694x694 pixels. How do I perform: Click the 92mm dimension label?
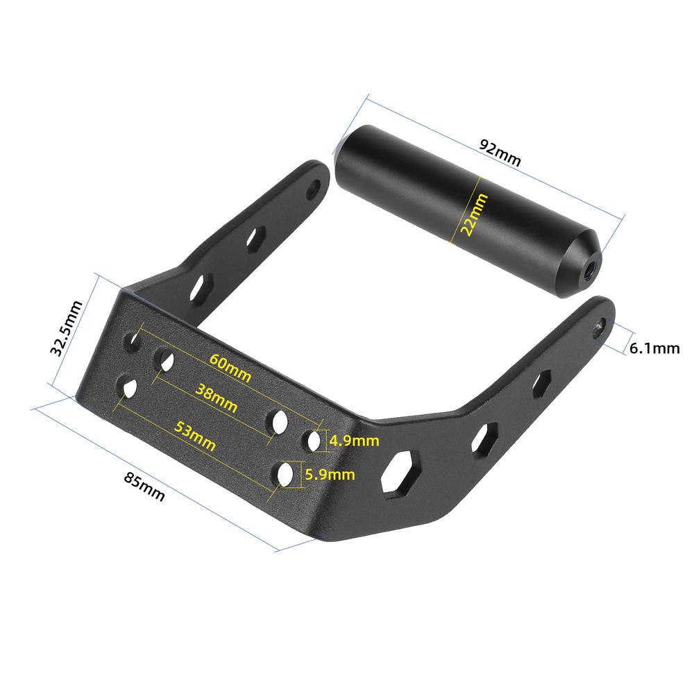[x=499, y=153]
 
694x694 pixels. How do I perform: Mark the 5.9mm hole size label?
[x=330, y=475]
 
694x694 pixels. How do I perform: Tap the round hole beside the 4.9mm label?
[x=313, y=439]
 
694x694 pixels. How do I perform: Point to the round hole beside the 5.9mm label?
[x=285, y=475]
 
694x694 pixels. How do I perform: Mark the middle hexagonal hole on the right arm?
[x=486, y=437]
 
